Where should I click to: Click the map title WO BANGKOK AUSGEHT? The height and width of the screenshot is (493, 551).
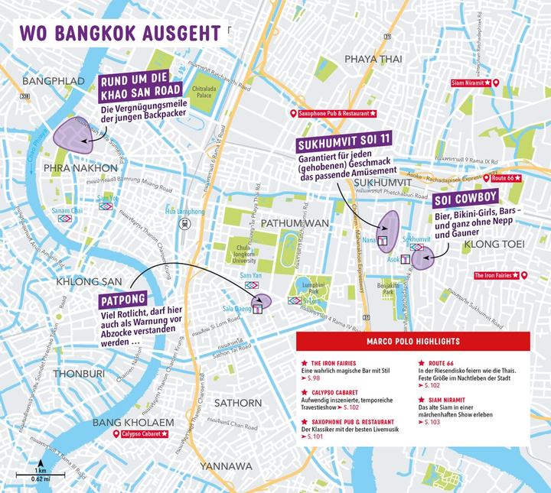click(121, 33)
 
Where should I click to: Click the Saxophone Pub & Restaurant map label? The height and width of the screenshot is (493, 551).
click(332, 114)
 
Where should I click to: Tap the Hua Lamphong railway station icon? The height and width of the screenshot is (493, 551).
click(184, 224)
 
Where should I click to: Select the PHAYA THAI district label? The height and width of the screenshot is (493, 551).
click(373, 59)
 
